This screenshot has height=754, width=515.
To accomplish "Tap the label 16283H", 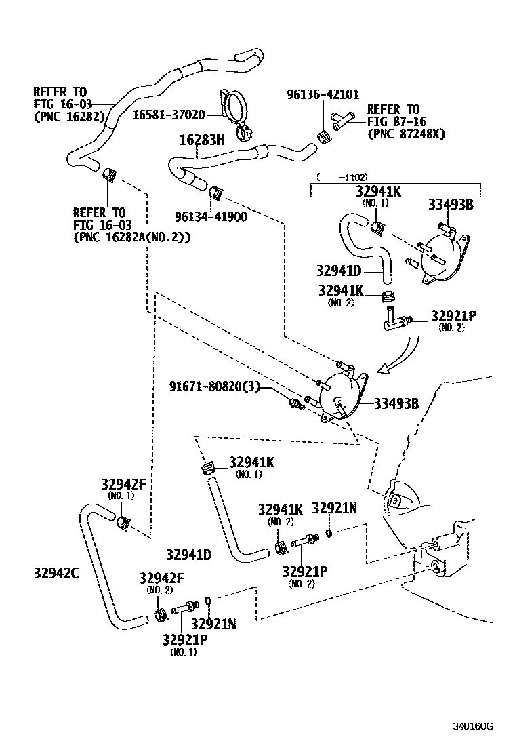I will [201, 141].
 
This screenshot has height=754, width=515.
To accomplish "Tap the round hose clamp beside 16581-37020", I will [237, 113].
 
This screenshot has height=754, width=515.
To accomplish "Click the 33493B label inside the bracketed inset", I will [450, 204].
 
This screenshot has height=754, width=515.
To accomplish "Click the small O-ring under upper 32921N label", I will [328, 533].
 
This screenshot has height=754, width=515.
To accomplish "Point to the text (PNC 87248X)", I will [406, 134].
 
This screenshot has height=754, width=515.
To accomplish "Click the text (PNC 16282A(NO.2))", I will [131, 237].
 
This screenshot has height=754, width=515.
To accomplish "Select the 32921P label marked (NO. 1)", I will [184, 639].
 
